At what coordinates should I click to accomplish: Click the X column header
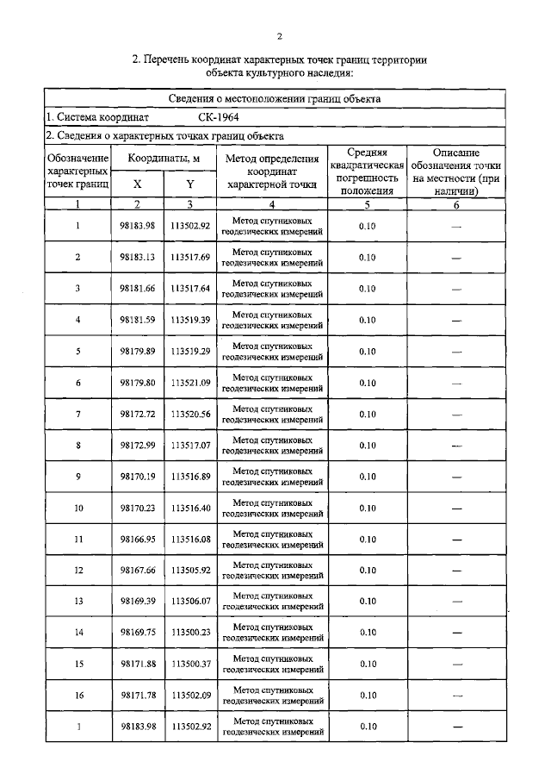click(137, 184)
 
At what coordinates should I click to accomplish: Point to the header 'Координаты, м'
click(164, 159)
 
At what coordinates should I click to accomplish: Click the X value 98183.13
click(138, 257)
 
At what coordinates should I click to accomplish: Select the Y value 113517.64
click(190, 288)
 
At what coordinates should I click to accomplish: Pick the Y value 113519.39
click(190, 320)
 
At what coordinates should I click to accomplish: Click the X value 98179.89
click(138, 351)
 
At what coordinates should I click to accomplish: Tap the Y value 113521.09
click(190, 383)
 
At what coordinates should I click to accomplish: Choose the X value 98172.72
click(138, 414)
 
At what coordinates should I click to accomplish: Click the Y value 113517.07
click(190, 445)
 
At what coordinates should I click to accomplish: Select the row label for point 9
click(77, 477)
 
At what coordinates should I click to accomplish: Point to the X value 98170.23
click(138, 508)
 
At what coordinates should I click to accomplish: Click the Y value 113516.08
click(190, 539)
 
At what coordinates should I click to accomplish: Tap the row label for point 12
click(77, 570)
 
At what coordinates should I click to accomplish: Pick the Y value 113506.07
click(190, 601)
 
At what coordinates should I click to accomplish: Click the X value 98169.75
click(138, 632)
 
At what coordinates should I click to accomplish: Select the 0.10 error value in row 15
click(367, 664)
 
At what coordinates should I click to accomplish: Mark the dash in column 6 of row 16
click(456, 695)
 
